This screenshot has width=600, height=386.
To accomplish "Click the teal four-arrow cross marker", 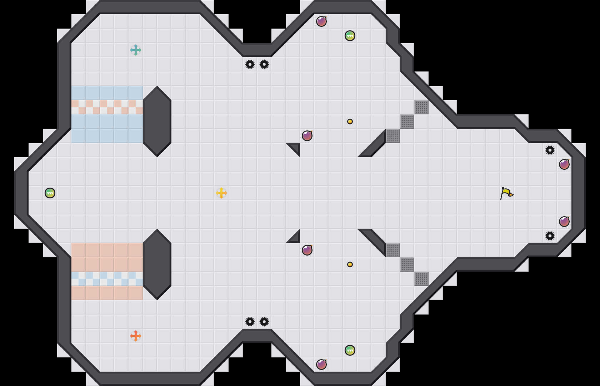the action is [136, 50].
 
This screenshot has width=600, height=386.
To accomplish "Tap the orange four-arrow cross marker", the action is [136, 336].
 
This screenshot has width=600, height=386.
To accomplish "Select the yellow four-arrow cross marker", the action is [221, 193].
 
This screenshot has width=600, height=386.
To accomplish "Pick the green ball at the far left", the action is [50, 193].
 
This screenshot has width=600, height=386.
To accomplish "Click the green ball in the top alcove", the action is [350, 36].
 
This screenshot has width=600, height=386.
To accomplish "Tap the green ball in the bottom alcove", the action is [350, 350].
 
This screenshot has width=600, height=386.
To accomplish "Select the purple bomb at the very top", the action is [321, 21].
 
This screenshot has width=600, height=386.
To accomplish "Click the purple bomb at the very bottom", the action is [321, 365].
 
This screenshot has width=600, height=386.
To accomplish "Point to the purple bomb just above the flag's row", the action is [564, 164].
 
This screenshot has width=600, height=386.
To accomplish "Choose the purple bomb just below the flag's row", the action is [564, 222].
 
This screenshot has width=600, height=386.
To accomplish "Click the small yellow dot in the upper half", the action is [350, 122].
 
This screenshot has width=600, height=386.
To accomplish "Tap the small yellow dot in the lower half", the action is [350, 264].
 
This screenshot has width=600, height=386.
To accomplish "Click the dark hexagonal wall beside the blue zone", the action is [157, 122].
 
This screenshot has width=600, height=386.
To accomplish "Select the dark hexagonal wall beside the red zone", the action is [157, 264].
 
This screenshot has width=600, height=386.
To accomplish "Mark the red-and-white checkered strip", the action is [107, 107].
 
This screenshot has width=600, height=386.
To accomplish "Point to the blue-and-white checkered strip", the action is [107, 279].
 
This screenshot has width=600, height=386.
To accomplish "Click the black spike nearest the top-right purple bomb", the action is [550, 150].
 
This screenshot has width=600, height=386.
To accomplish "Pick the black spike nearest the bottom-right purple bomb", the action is [550, 236].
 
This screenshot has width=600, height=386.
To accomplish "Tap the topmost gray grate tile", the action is [421, 107].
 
